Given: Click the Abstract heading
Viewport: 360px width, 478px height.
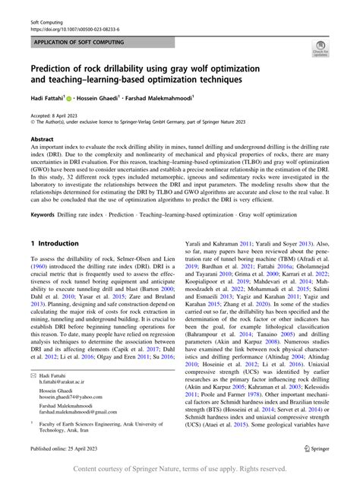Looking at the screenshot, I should pos(42,140).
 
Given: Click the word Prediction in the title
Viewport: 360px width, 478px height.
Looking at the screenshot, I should pos(63,65).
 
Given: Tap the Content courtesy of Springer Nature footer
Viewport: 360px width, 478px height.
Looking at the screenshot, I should pos(179,469).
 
